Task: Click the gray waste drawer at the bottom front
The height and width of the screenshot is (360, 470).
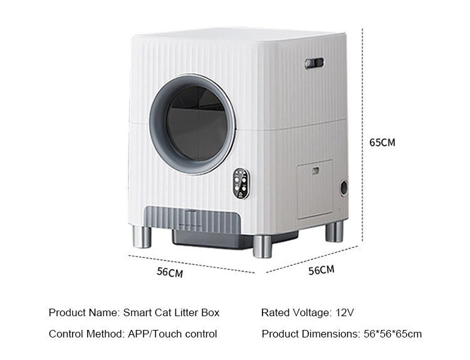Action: (194, 220)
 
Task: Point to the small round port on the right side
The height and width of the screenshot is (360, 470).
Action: (343, 187)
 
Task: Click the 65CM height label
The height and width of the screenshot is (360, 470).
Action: (382, 142)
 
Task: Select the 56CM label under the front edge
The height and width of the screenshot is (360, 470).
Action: (170, 272)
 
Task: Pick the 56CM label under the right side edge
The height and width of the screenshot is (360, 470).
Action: (321, 270)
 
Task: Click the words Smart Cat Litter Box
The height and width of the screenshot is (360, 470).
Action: (171, 312)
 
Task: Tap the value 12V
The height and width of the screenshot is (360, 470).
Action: (345, 312)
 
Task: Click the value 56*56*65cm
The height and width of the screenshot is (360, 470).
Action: (393, 334)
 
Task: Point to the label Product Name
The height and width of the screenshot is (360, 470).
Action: (83, 312)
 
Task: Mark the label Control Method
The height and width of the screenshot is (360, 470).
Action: (86, 334)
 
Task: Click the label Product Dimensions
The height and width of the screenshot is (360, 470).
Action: (311, 334)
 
